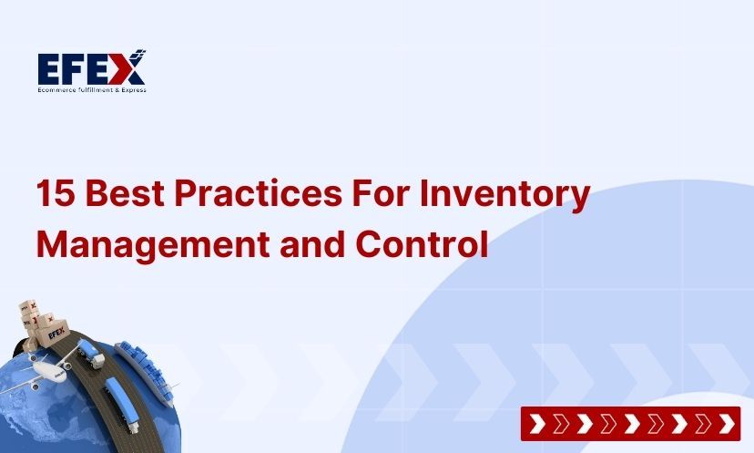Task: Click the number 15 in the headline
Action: coord(54,195)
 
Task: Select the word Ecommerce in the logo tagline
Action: coord(56,89)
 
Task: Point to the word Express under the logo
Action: coord(133,89)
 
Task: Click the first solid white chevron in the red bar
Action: coord(537,423)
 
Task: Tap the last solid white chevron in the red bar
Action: coord(725,423)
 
